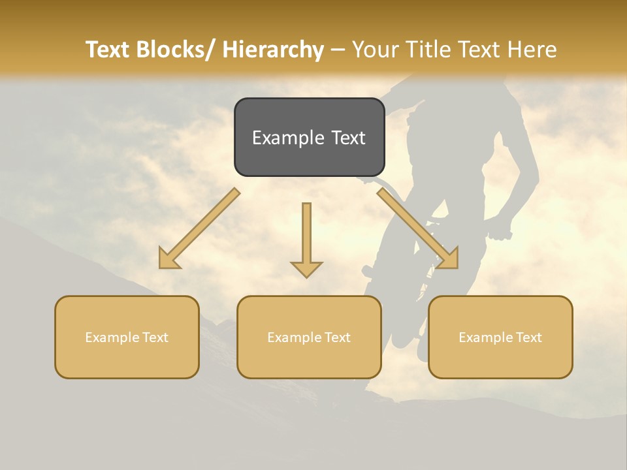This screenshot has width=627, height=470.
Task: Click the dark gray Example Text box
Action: click(309, 137)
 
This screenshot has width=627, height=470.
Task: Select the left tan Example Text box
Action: click(127, 337)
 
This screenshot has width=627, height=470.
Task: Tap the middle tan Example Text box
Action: click(309, 337)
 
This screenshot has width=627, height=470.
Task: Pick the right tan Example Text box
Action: click(500, 337)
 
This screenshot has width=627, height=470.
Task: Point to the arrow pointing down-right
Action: click(418, 228)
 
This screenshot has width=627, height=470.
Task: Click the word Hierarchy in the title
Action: click(273, 50)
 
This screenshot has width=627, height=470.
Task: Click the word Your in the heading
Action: click(374, 50)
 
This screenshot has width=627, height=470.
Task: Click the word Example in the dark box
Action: click(286, 138)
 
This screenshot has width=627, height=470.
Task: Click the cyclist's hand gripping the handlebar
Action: click(502, 231)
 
